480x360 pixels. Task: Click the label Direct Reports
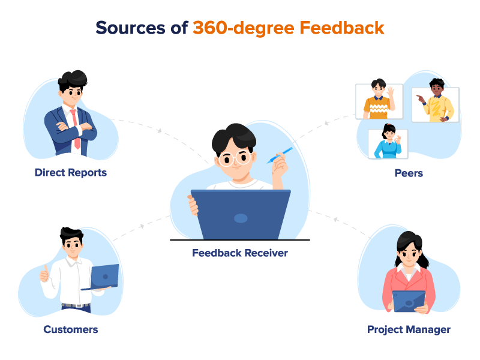tap(70, 173)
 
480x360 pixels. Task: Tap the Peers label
tap(408, 173)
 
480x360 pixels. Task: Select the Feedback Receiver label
tap(240, 253)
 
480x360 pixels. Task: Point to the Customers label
tap(70, 329)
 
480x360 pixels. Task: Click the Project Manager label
tap(409, 329)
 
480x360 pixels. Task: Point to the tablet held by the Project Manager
tap(409, 301)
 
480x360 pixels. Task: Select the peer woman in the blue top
tap(386, 144)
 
